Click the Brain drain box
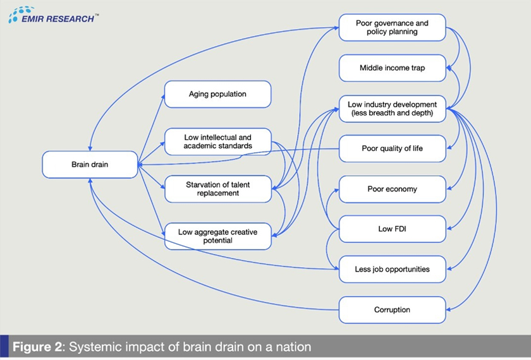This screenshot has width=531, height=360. point(90,164)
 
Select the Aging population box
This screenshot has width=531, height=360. point(217,94)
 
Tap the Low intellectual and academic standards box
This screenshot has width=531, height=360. point(217,141)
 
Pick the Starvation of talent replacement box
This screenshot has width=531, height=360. point(217,189)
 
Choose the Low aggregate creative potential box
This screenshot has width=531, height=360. point(217,236)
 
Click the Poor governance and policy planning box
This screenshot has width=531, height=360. point(392,27)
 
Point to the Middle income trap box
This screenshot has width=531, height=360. point(392,68)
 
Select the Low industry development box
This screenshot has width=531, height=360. point(392,108)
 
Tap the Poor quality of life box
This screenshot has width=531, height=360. point(392,148)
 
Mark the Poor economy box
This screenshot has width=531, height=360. point(392,189)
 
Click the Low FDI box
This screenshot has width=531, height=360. point(392,229)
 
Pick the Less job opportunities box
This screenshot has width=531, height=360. point(392,269)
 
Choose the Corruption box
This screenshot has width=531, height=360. point(392,309)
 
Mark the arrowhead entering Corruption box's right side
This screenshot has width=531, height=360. point(449,309)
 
